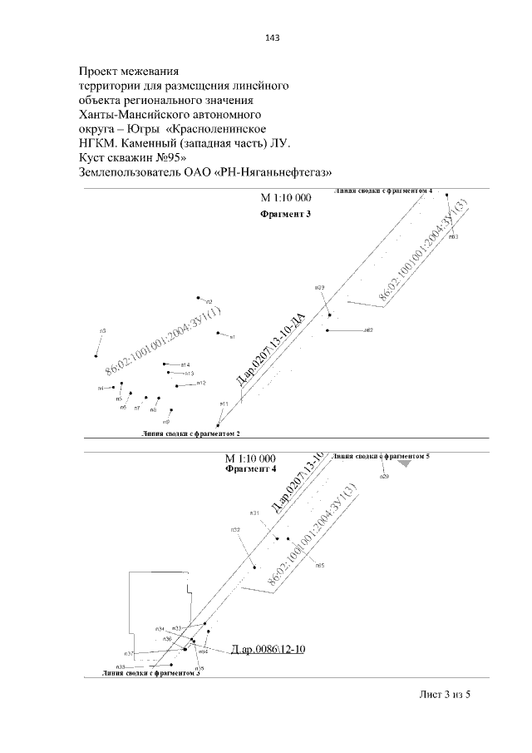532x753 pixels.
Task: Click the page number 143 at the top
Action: [x=270, y=37]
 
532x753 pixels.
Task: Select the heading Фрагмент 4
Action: [x=250, y=469]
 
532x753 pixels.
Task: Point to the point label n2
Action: [x=209, y=301]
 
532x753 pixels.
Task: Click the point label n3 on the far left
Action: [x=102, y=331]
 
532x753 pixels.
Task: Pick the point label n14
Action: [x=185, y=365]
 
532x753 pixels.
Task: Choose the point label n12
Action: [x=201, y=383]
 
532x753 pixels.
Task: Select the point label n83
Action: [x=453, y=237]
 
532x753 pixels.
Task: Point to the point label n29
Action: [x=384, y=477]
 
